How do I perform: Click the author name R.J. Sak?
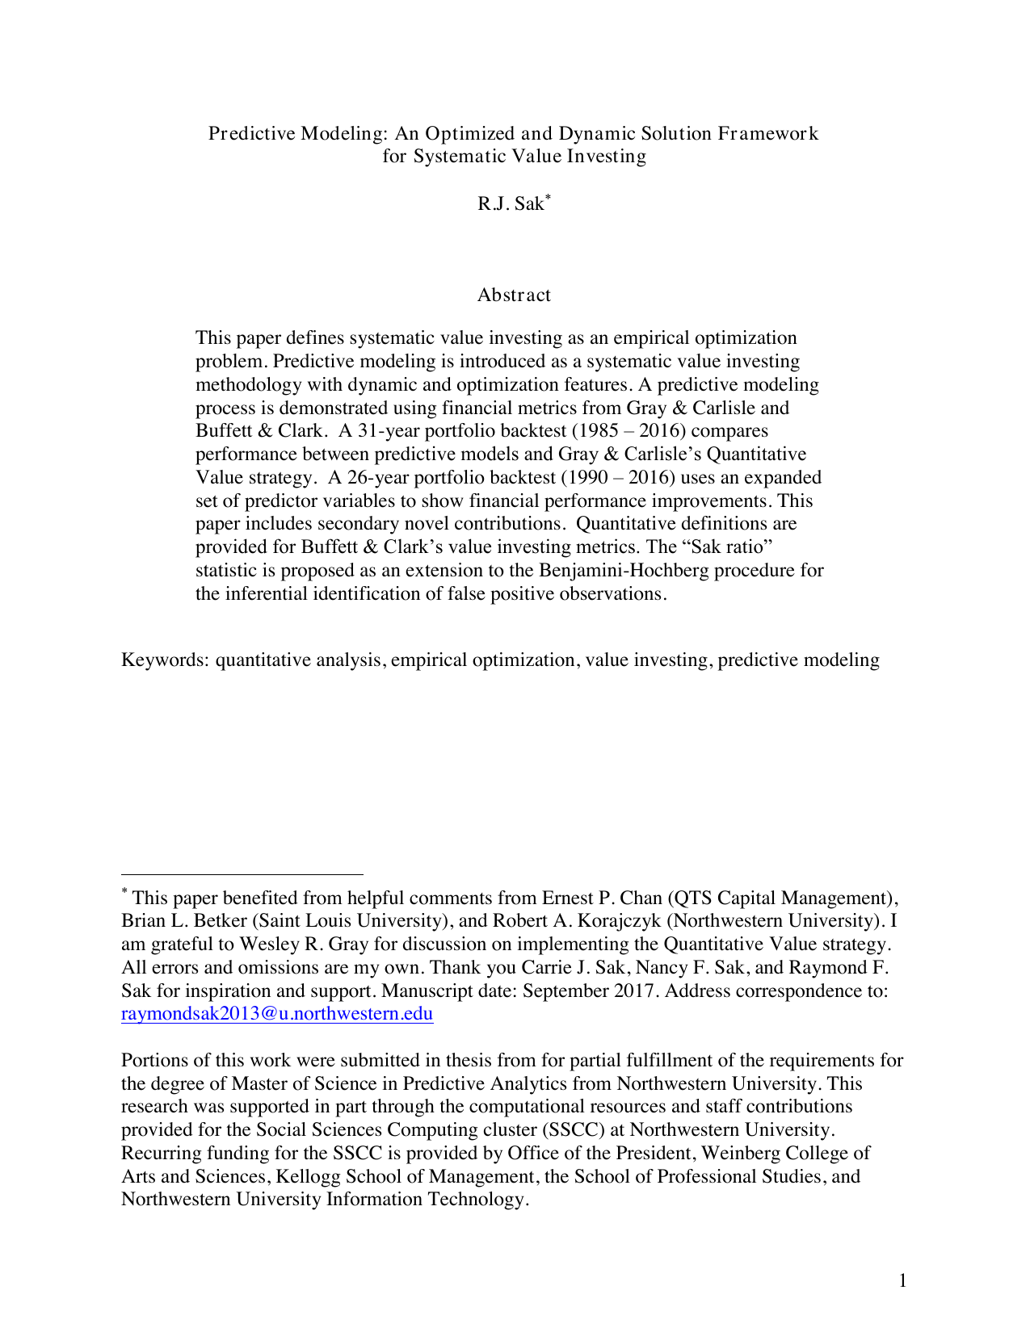point(511,204)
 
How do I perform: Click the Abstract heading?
point(514,295)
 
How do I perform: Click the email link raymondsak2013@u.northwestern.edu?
point(277,1014)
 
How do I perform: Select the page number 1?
point(902,1280)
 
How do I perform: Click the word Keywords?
point(165,660)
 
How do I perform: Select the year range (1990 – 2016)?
point(617,478)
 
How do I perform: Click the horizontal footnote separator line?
point(242,873)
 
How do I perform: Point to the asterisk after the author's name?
point(548,197)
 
